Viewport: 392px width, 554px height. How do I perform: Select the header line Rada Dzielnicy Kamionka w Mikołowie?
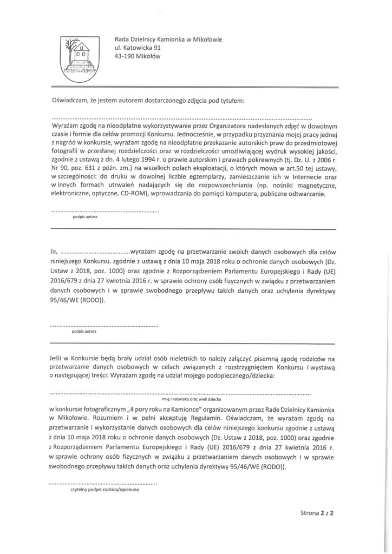pyautogui.click(x=168, y=39)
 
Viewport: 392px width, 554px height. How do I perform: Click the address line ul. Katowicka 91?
pyautogui.click(x=138, y=49)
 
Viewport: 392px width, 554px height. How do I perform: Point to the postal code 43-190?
pyautogui.click(x=126, y=57)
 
